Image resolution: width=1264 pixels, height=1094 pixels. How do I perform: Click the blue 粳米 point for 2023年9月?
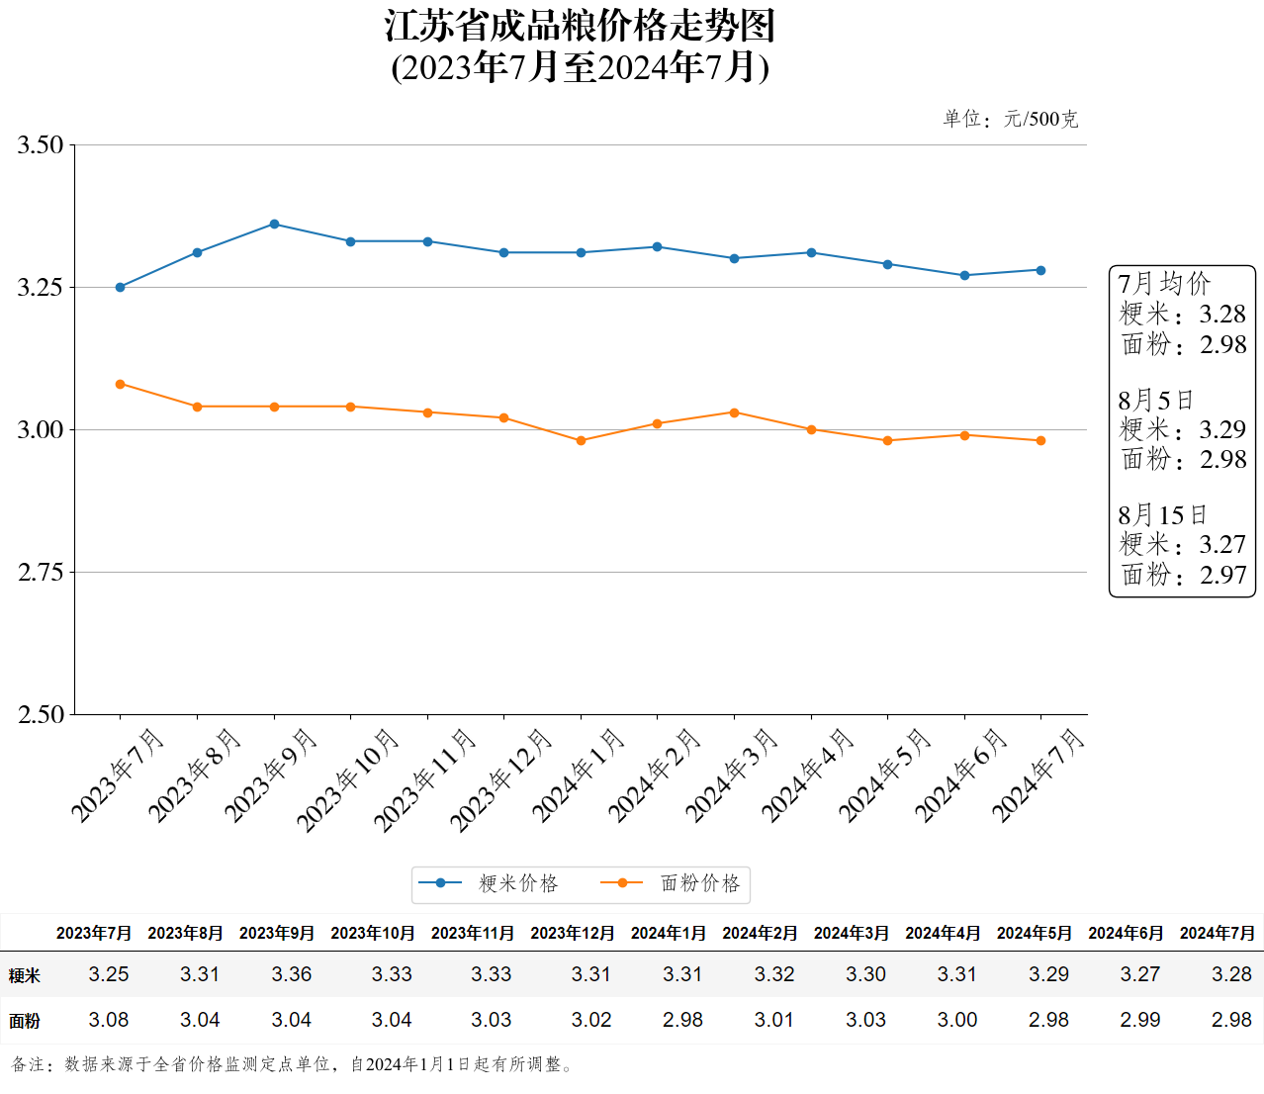pyautogui.click(x=274, y=225)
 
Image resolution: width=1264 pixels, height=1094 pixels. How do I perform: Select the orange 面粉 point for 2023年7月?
pyautogui.click(x=121, y=384)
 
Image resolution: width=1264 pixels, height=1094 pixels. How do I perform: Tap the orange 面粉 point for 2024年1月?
pyautogui.click(x=581, y=441)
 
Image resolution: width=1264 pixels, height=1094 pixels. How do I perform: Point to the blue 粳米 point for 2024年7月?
pyautogui.click(x=1040, y=270)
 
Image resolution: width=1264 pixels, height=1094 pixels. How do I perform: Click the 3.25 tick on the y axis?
pyautogui.click(x=41, y=288)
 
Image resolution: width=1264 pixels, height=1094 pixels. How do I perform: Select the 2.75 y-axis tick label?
pyautogui.click(x=41, y=573)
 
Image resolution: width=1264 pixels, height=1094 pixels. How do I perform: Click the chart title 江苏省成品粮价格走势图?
pyautogui.click(x=580, y=27)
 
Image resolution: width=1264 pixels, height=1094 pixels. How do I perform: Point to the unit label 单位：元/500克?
pyautogui.click(x=1010, y=120)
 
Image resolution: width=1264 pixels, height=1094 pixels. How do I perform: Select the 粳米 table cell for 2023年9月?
pyautogui.click(x=292, y=974)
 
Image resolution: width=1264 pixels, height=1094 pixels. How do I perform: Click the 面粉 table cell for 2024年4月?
pyautogui.click(x=957, y=1020)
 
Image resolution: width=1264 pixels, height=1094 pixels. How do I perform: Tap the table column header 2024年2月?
pyautogui.click(x=760, y=933)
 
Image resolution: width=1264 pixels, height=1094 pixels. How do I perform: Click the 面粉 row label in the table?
pyautogui.click(x=25, y=1021)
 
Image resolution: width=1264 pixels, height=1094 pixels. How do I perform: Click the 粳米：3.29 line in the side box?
pyautogui.click(x=1183, y=429)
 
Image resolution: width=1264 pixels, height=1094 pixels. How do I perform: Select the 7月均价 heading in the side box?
pyautogui.click(x=1164, y=284)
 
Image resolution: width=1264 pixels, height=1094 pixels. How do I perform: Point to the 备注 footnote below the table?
pyautogui.click(x=293, y=1064)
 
